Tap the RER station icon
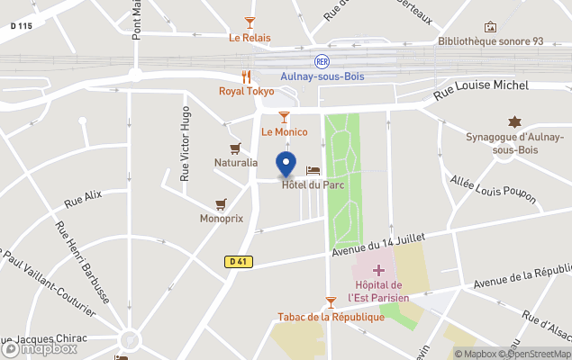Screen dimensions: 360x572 click(x=322, y=61)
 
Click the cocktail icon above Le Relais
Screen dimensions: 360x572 click(x=250, y=22)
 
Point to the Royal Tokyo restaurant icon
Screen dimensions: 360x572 click(x=246, y=76)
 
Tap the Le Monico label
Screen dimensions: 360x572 click(x=285, y=131)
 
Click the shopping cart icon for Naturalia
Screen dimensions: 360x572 click(x=235, y=148)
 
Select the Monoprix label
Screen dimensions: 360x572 click(x=222, y=218)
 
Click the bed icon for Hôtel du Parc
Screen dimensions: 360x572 click(x=313, y=170)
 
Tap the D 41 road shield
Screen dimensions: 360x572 click(x=238, y=262)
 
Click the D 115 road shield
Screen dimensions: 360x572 click(x=22, y=26)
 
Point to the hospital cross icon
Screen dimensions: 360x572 click(x=378, y=269)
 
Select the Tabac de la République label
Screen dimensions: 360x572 click(x=331, y=316)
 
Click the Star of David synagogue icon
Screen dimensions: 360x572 click(x=514, y=121)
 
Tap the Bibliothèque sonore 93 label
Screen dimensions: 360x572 click(x=491, y=41)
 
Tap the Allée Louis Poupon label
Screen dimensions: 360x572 click(x=493, y=190)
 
